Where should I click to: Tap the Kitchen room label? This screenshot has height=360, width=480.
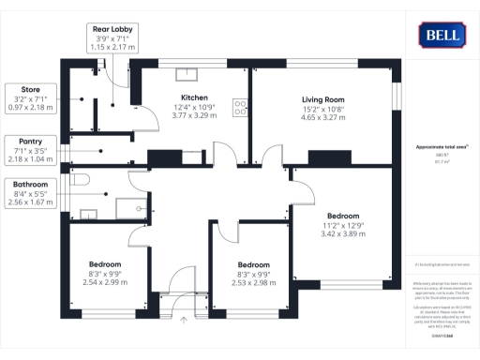194,97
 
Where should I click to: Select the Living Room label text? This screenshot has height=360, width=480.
323,99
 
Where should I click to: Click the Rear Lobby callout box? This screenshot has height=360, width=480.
113,38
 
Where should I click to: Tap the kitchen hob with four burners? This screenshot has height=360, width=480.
241,109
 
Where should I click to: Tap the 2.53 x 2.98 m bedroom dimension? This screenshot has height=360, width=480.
254,282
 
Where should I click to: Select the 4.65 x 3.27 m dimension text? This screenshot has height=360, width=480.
323,119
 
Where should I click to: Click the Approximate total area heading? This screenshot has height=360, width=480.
442,147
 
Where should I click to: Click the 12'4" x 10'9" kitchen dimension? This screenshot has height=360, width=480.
194,108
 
